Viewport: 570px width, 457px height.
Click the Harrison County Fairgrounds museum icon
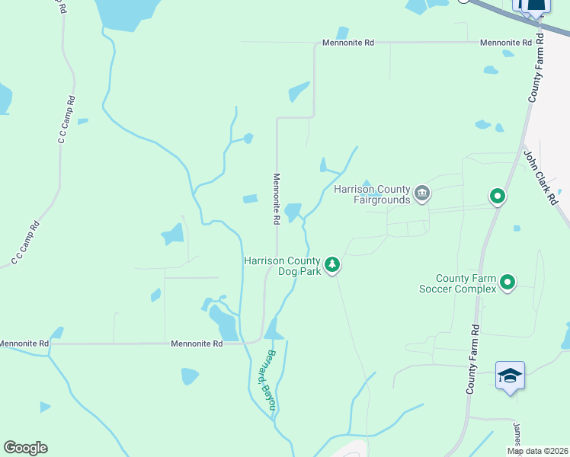click(x=422, y=195)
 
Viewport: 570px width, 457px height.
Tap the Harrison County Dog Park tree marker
click(x=331, y=264)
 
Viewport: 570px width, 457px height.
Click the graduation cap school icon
click(x=510, y=376)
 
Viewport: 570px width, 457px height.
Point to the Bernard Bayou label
click(x=262, y=378)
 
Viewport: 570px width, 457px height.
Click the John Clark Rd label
click(x=540, y=176)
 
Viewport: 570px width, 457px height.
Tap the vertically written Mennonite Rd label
click(x=277, y=198)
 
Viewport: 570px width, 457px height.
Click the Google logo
click(x=25, y=448)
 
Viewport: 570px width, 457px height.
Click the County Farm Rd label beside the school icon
click(x=472, y=360)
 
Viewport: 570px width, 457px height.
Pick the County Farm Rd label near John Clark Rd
click(x=535, y=69)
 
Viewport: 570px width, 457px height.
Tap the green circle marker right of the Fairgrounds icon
click(x=498, y=197)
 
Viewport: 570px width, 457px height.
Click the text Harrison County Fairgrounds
click(x=372, y=194)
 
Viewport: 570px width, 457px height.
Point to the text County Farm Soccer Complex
click(x=456, y=283)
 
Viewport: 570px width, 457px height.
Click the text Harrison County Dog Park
click(x=282, y=266)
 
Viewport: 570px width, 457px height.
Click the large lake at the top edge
click(x=127, y=14)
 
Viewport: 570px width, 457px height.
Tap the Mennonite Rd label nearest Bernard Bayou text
click(x=197, y=344)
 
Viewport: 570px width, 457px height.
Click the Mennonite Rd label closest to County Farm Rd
click(x=505, y=43)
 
